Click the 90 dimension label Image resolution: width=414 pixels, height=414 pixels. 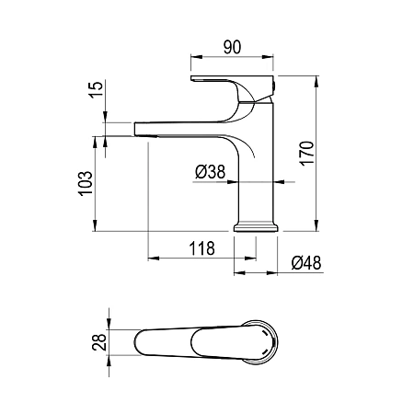click(232, 47)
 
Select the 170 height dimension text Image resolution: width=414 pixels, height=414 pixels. click(307, 154)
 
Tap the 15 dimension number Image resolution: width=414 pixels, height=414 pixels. click(96, 89)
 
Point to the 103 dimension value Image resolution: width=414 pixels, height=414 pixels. click(86, 183)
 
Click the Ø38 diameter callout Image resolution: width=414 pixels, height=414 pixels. click(211, 172)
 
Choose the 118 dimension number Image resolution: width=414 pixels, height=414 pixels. click(201, 248)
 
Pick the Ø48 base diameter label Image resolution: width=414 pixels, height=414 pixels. click(306, 263)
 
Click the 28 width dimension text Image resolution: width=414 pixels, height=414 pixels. click(99, 342)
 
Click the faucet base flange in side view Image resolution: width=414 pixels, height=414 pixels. click(256, 228)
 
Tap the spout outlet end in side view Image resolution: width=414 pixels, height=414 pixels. click(137, 129)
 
